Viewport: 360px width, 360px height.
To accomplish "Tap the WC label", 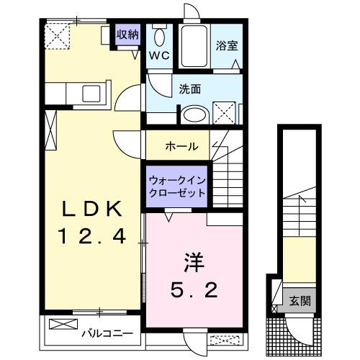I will tap(158, 55).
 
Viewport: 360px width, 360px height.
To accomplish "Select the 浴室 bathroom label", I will tap(226, 45).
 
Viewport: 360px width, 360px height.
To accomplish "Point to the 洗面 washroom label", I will tap(189, 89).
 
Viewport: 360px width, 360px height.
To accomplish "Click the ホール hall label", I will tap(182, 146).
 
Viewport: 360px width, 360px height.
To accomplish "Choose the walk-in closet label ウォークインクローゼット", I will tap(176, 187).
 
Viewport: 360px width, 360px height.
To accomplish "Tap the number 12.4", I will tap(91, 235).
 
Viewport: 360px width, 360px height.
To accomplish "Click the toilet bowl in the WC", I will tap(159, 36).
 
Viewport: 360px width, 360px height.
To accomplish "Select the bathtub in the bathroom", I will tap(194, 47).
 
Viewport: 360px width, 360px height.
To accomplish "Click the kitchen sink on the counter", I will tap(92, 93).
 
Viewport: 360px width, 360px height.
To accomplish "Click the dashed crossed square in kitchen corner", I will tap(55, 34).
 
